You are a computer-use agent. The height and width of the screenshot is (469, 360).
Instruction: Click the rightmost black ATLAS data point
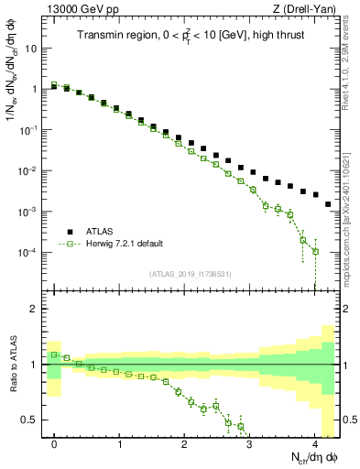[328, 204]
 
